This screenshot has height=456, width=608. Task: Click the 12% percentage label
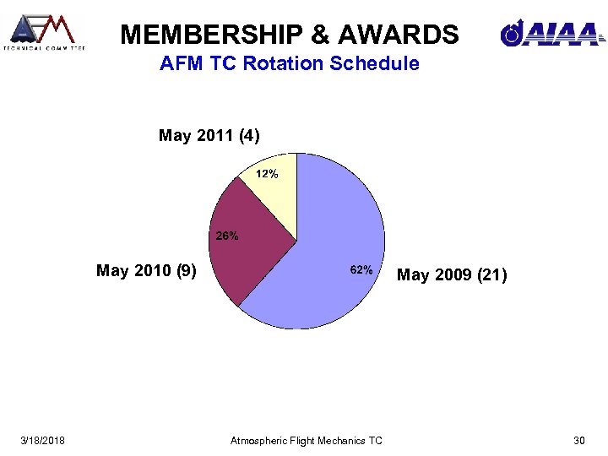point(267,174)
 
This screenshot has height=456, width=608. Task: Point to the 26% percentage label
point(226,236)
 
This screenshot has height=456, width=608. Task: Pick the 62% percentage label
point(361,269)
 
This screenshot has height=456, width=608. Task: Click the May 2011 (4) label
point(209,135)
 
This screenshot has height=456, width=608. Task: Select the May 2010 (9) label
point(147,271)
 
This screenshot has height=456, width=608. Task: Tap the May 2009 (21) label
point(452,274)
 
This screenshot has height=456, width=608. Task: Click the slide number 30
point(579,440)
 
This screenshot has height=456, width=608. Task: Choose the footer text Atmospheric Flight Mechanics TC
point(306,440)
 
